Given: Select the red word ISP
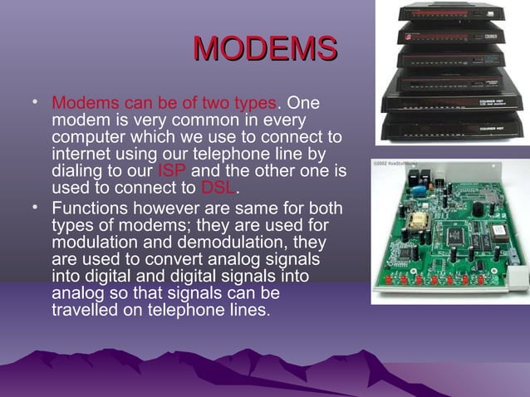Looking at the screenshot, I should pos(171,172).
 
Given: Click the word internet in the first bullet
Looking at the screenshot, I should pos(81,155).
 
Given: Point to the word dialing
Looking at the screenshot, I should pos(81,172).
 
